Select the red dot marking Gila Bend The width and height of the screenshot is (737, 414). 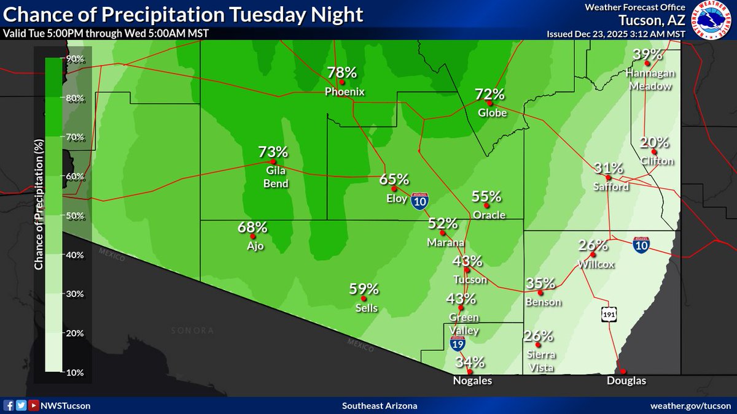[x=273, y=162]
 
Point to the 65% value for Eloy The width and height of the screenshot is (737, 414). [x=394, y=179]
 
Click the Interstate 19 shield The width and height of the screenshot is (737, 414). [x=458, y=343]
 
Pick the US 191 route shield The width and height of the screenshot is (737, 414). [x=608, y=314]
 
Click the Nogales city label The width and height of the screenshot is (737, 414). [x=469, y=381]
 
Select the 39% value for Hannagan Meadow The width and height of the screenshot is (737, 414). [x=647, y=55]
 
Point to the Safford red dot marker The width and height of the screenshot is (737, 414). [x=608, y=178]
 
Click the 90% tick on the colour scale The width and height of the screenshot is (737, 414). [x=76, y=58]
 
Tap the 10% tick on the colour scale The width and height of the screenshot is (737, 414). [x=76, y=372]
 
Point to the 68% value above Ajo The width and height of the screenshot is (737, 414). [x=252, y=228]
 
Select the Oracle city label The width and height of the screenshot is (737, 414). [x=489, y=215]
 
